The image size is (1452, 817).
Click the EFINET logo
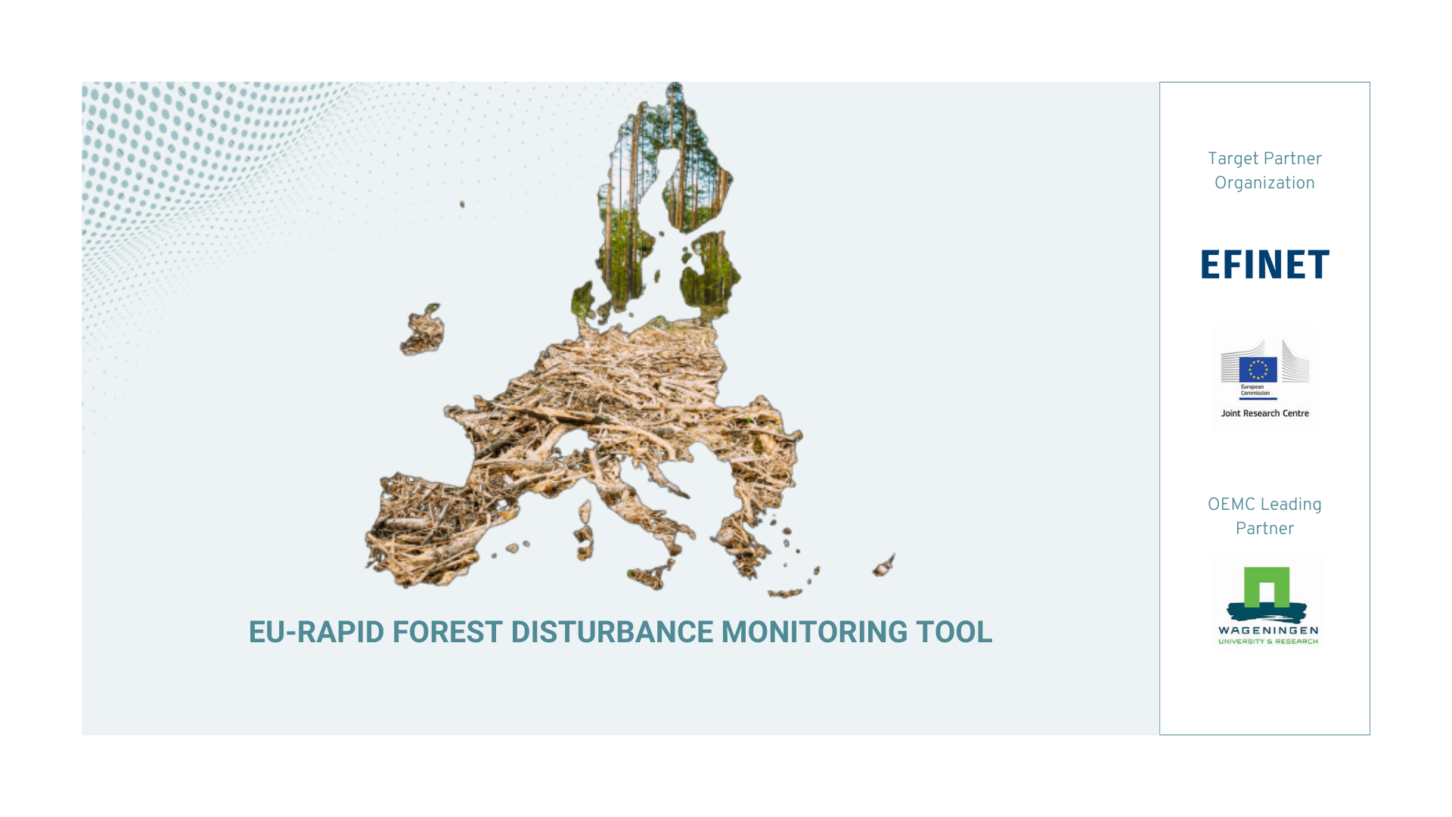(1264, 264)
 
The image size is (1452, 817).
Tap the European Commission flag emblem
(1258, 370)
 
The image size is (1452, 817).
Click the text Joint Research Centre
(1264, 413)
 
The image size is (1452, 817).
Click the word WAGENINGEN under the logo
(1268, 631)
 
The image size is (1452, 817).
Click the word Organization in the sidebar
(1264, 184)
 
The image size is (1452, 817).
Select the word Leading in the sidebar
(1292, 505)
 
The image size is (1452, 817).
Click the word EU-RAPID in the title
(316, 632)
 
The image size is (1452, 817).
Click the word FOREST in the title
(447, 632)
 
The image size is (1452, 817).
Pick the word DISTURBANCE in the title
(612, 632)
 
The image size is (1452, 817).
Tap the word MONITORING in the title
(814, 632)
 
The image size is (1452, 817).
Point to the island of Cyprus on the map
(884, 565)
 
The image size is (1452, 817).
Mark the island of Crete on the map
(784, 594)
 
